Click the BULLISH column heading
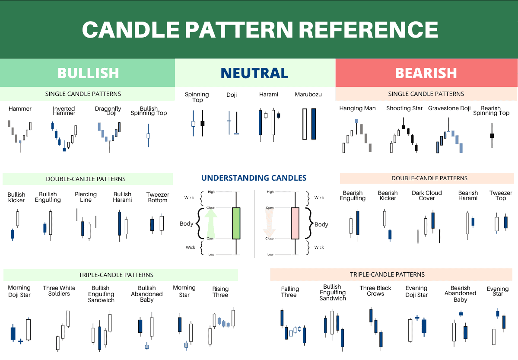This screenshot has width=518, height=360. (x=88, y=73)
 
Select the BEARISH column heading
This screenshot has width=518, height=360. (x=426, y=73)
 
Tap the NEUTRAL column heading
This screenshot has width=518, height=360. (x=254, y=73)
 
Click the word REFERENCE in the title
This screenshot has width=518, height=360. (x=369, y=29)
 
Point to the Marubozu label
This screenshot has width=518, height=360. (x=308, y=95)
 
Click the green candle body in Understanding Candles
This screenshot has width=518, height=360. (x=236, y=223)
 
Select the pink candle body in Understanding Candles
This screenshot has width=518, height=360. (x=295, y=223)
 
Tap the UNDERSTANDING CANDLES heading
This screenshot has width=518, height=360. (x=254, y=178)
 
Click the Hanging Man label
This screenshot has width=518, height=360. (x=357, y=108)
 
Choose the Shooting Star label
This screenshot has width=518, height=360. (x=404, y=108)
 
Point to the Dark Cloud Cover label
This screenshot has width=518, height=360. (x=427, y=195)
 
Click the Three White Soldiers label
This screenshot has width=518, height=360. (x=59, y=291)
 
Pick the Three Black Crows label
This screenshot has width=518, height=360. (x=375, y=291)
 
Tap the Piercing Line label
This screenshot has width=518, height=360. (x=86, y=197)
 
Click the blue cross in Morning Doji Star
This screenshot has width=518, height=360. (x=20, y=341)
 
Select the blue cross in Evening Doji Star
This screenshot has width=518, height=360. (x=417, y=318)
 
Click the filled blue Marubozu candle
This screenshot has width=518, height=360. (x=314, y=124)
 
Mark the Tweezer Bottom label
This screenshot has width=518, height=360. (x=158, y=198)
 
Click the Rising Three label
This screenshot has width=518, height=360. (x=220, y=292)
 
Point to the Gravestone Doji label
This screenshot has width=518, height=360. (x=449, y=108)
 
